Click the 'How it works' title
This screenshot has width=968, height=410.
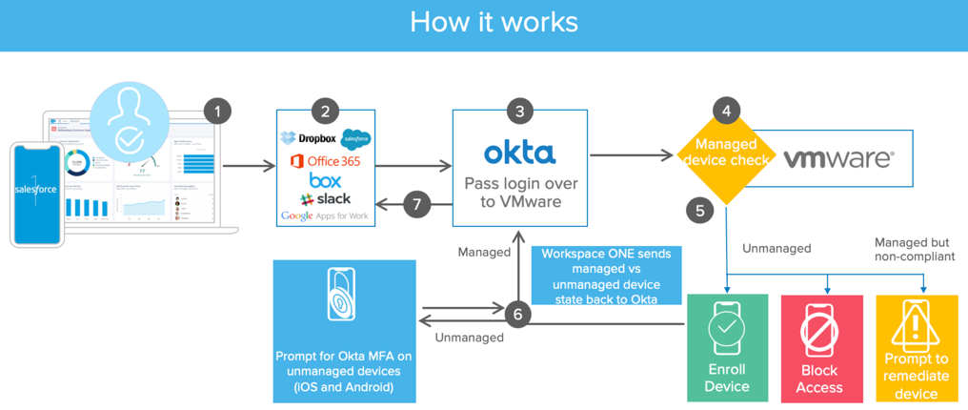point(494,22)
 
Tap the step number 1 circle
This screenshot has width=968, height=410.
point(217,112)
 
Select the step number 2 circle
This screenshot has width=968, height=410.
point(325,112)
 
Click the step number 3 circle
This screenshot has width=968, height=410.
point(519,112)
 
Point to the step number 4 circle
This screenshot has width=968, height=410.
point(727,112)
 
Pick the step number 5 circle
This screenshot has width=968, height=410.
point(700,211)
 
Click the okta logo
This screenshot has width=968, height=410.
point(519,153)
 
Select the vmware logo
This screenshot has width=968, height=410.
point(838,159)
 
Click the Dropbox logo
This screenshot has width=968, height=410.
point(307,139)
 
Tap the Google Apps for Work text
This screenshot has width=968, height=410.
point(325,216)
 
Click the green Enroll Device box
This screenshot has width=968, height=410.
point(727,347)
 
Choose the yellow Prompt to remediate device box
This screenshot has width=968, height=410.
point(916,347)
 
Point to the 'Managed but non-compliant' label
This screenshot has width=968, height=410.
point(912,249)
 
